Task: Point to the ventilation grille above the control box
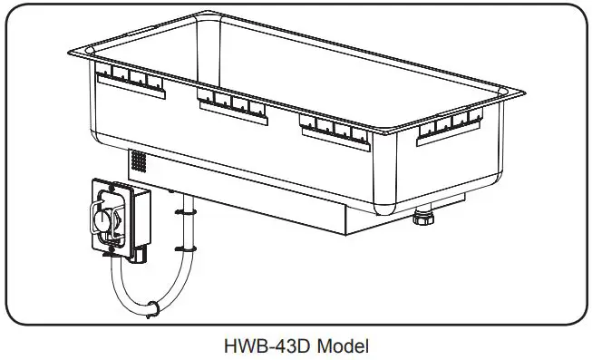click(139, 161)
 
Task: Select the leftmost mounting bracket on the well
click(131, 82)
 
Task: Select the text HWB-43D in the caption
click(259, 345)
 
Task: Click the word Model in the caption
click(342, 345)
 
